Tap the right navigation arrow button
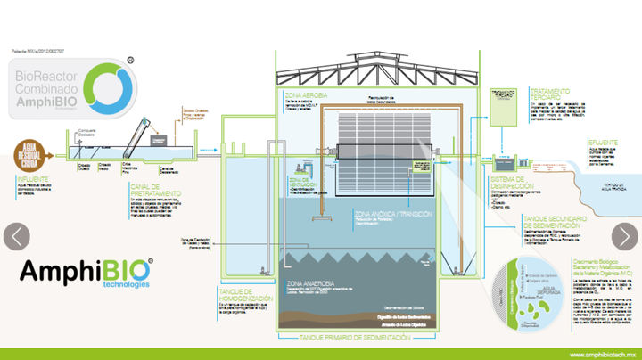(623, 236)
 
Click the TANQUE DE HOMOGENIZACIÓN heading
(243, 295)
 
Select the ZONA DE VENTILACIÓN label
(298, 178)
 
